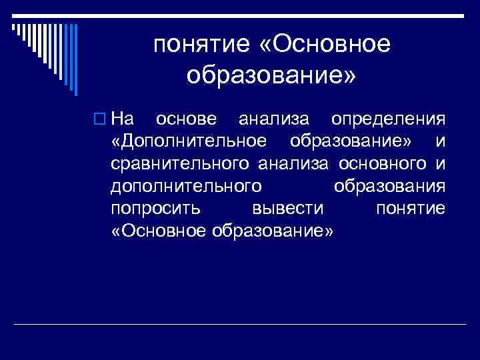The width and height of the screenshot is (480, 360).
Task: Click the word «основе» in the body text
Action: pos(185,119)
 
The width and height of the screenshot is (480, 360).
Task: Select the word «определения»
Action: pos(388,119)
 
